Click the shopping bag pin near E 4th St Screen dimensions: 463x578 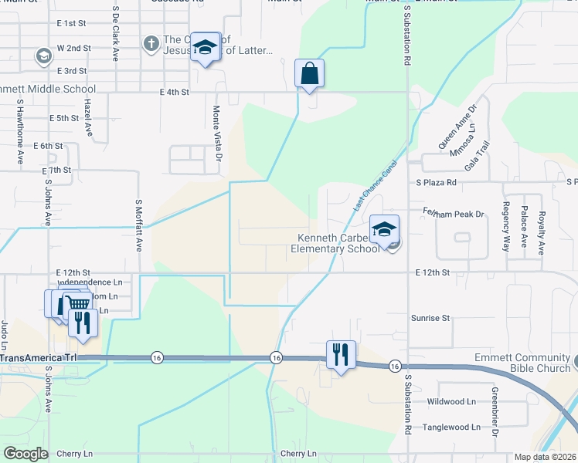pos(309,75)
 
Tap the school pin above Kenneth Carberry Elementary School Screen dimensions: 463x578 pos(384,229)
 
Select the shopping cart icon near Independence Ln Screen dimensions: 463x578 pos(76,302)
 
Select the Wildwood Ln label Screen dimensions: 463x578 pos(451,402)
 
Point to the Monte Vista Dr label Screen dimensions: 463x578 pos(218,133)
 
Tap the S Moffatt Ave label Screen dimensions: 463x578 pos(139,225)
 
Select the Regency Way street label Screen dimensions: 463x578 pos(507,227)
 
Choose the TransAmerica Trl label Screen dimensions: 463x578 pos(39,359)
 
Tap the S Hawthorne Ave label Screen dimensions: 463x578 pos(20,130)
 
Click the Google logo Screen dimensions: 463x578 pos(25,453)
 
